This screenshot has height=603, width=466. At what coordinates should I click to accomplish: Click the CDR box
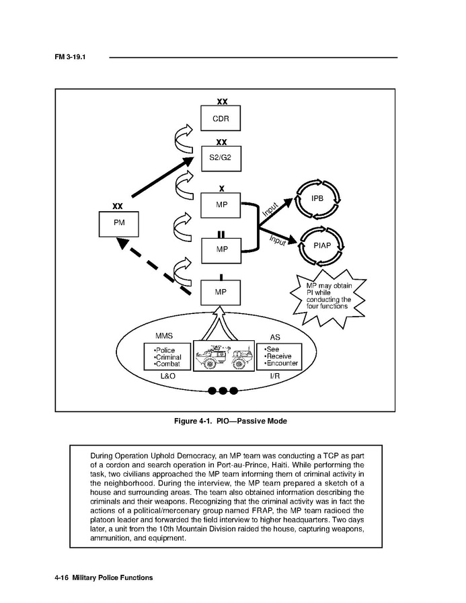[221, 118]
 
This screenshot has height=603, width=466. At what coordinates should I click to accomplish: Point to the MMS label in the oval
[164, 336]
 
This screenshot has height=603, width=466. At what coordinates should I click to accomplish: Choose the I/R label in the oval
[275, 376]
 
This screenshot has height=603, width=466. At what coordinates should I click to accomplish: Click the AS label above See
[275, 336]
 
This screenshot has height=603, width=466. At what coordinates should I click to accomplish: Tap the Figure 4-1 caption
[231, 421]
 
